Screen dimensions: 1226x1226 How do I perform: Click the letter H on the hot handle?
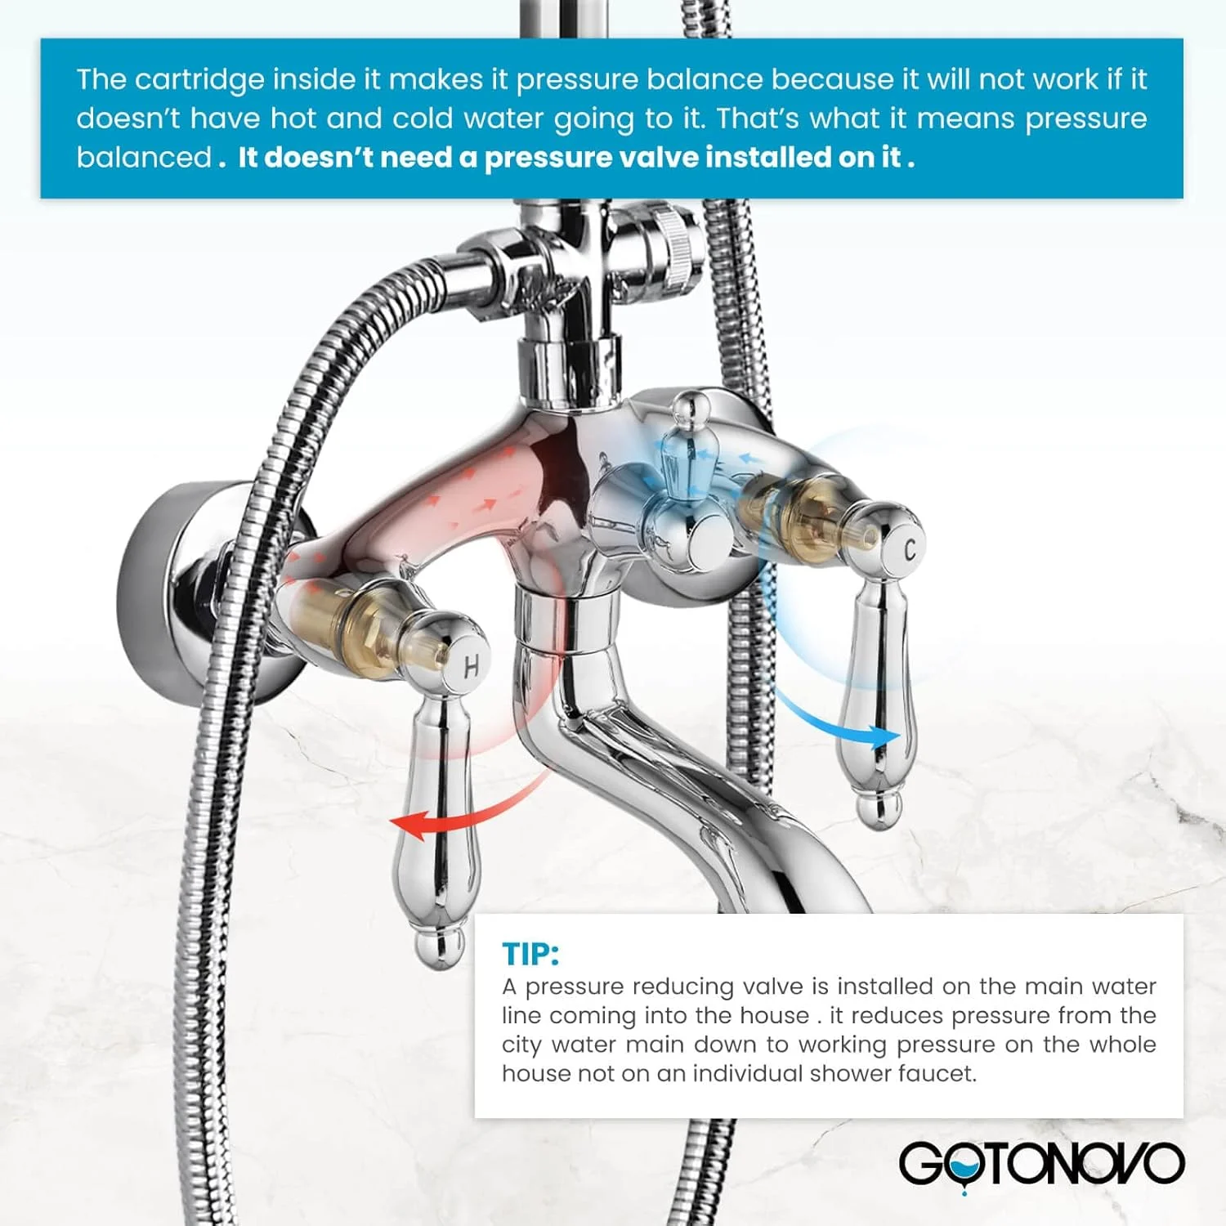pos(471,667)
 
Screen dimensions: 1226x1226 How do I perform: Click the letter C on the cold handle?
pos(911,552)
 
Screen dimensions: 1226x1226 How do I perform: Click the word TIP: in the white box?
pos(530,954)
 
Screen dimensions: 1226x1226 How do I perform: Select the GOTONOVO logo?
pos(1041,1165)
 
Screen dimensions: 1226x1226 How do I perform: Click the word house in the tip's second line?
pos(773,1016)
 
